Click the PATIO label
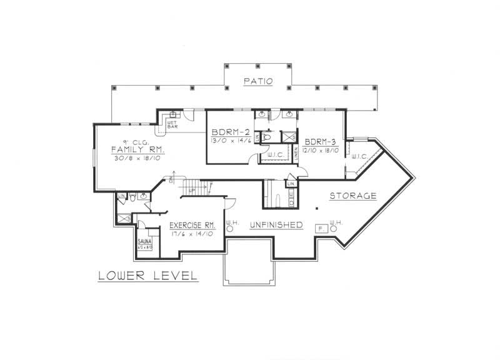pos(258,81)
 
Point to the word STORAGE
pos(354,196)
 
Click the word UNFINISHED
pos(276,225)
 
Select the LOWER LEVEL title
pos(148,276)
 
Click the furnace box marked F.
pos(321,229)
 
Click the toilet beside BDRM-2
pos(267,136)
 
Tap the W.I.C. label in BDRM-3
pos(359,156)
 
